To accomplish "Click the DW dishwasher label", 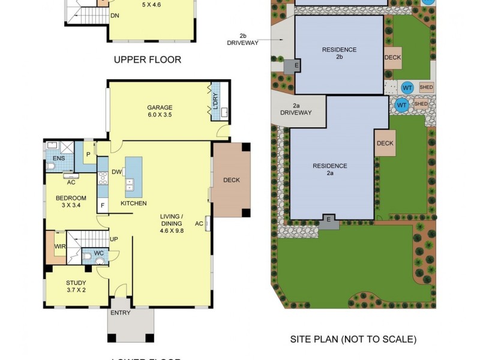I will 116,173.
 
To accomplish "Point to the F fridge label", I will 103,205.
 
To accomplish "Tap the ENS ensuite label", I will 50,158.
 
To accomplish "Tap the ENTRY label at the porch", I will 121,313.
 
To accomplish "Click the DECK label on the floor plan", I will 231,180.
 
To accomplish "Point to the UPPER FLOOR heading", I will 147,59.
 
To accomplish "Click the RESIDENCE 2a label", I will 330,169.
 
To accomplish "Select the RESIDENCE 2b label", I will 339,53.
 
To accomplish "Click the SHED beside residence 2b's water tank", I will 425,88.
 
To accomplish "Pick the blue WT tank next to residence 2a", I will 402,106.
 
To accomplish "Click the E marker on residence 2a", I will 328,221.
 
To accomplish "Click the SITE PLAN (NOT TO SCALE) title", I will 353,340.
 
